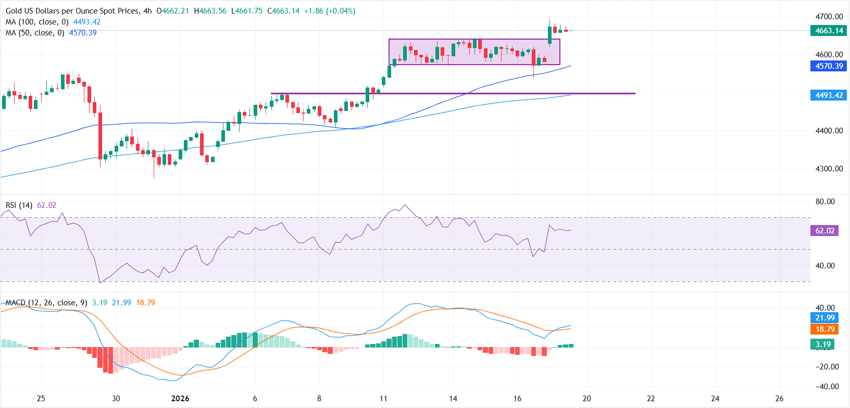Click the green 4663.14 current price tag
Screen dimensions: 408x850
click(829, 31)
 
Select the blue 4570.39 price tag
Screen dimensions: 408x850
click(829, 66)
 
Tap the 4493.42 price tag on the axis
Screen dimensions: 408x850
click(829, 95)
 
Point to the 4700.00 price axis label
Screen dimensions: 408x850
click(829, 17)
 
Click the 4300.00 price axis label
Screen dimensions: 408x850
click(829, 169)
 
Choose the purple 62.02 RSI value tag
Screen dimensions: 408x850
click(824, 231)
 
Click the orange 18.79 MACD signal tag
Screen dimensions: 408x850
click(824, 329)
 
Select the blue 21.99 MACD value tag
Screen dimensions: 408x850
click(824, 318)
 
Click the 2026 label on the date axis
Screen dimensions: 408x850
click(180, 399)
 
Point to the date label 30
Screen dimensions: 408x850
click(116, 399)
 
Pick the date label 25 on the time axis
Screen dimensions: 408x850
click(41, 399)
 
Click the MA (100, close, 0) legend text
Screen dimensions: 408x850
click(37, 22)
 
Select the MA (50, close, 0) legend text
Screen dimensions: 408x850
click(35, 33)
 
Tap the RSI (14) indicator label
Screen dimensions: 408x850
click(19, 205)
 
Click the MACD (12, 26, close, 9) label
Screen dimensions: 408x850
click(46, 303)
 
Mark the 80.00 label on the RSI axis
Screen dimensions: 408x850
click(824, 202)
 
